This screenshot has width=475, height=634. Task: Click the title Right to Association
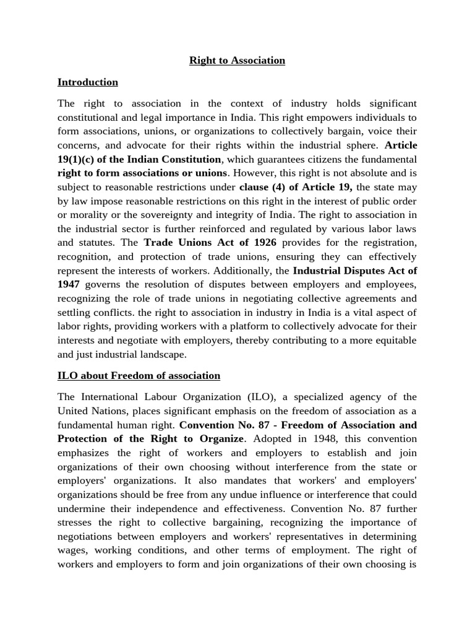[237, 60]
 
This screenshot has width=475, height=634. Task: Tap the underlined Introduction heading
[87, 82]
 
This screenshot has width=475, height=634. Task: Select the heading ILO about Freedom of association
[139, 375]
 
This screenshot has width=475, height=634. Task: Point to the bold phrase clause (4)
[263, 186]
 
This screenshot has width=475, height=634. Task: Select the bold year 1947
[69, 284]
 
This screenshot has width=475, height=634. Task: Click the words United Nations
[90, 410]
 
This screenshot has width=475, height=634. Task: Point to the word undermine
[82, 508]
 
